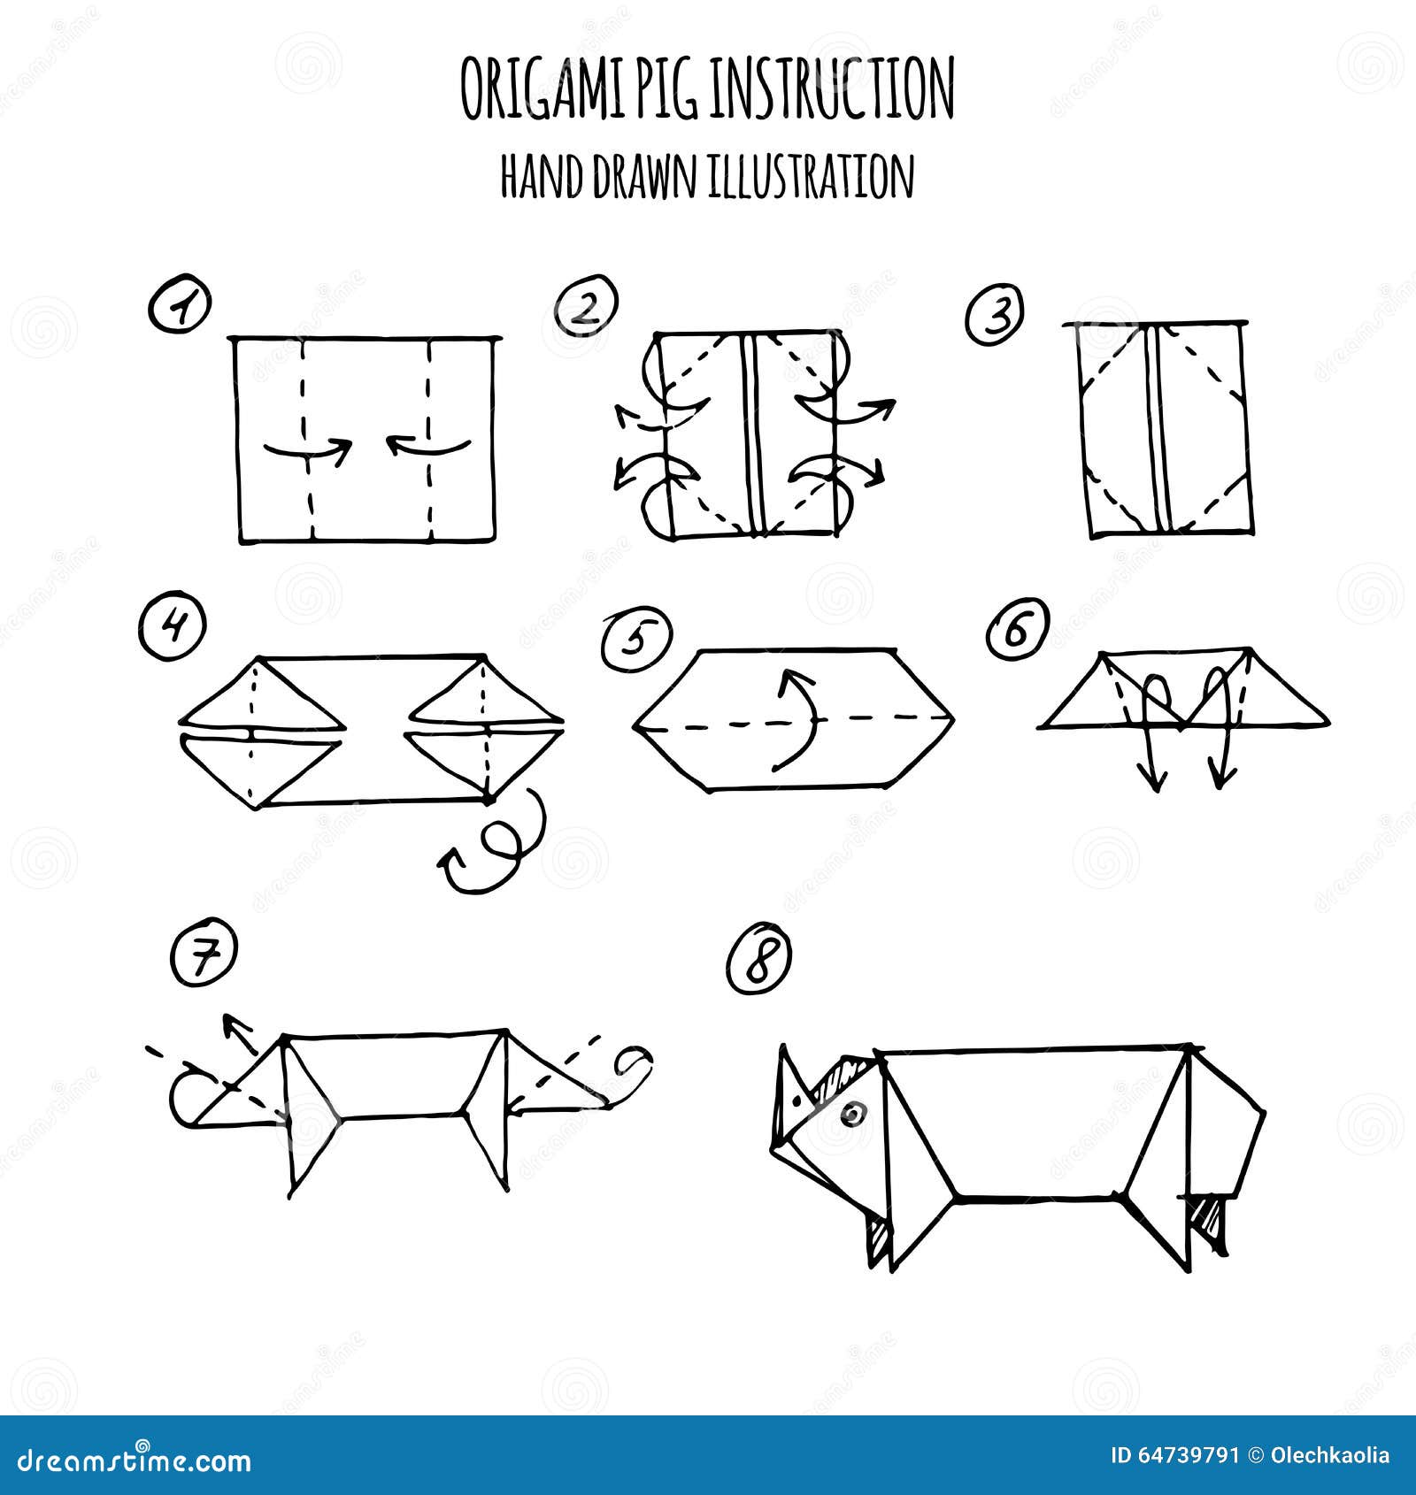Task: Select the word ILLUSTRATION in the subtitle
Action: pyautogui.click(x=810, y=177)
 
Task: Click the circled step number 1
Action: pyautogui.click(x=181, y=306)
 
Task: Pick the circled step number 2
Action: pyautogui.click(x=586, y=306)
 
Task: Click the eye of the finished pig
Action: pyautogui.click(x=853, y=1114)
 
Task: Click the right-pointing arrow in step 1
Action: pyautogui.click(x=309, y=450)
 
